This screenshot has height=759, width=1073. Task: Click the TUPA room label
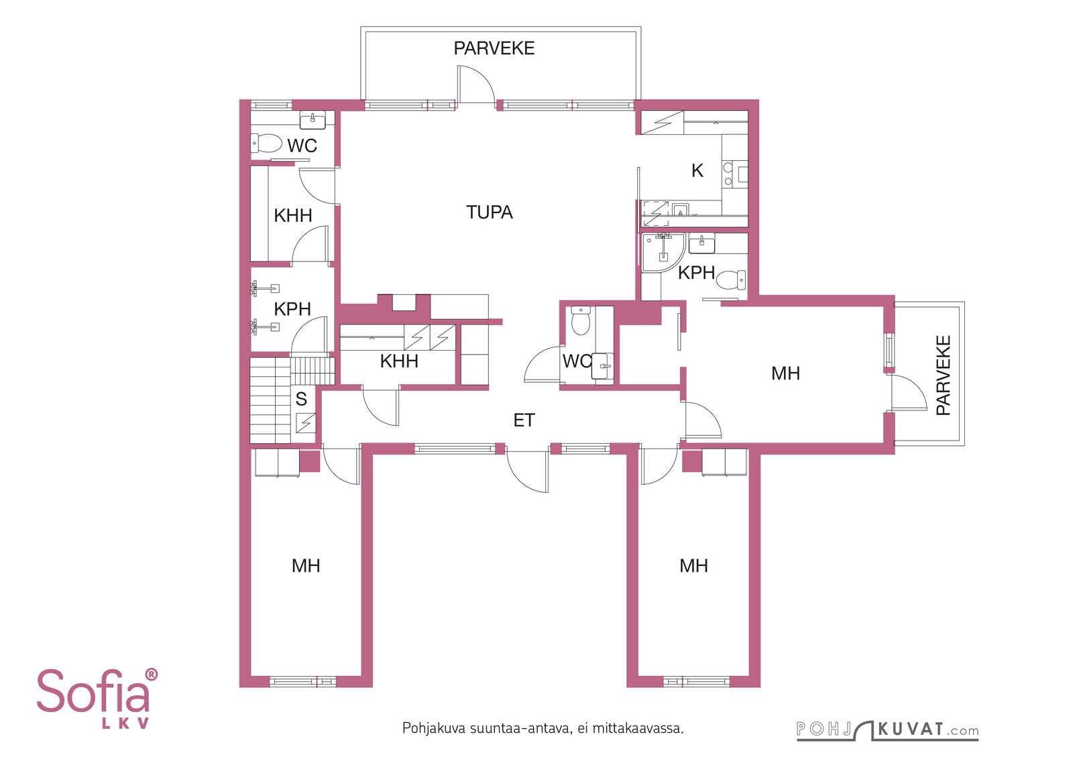point(489,212)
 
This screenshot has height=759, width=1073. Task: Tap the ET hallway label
point(524,420)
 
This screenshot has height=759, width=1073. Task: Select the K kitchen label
point(697,170)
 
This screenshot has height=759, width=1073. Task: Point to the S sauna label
point(301,399)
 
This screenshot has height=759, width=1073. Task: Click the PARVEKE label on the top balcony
point(494,48)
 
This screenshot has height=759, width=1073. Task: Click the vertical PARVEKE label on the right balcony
point(943,375)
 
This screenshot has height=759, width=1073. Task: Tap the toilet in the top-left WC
point(266,143)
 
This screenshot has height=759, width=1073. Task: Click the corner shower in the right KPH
point(663,252)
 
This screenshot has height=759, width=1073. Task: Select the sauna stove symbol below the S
point(306,423)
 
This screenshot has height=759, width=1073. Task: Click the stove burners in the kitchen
point(728,174)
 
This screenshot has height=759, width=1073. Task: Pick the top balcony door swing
point(475,84)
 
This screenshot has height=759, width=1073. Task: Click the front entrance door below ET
point(527,471)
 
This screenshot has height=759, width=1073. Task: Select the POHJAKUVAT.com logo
point(888,729)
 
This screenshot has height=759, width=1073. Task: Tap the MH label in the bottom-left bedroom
point(306,566)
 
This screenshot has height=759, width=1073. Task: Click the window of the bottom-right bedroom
point(696,681)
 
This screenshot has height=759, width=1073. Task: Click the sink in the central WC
point(603,366)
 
